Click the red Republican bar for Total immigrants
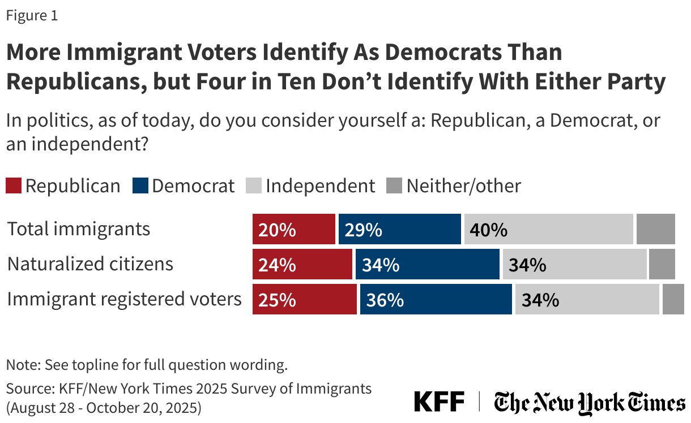(294, 229)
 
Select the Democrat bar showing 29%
(400, 229)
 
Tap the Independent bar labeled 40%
(548, 229)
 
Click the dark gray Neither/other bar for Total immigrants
(655, 229)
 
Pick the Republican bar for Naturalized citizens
(302, 264)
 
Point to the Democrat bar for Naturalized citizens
(428, 264)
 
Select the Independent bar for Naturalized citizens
(574, 264)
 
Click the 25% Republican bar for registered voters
(305, 299)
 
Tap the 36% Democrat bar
(436, 299)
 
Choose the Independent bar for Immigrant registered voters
(587, 299)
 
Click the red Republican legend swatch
(14, 186)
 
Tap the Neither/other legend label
(463, 186)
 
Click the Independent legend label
(320, 186)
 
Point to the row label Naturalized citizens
(90, 264)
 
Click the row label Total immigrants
(79, 229)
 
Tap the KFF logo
(439, 402)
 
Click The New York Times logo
(589, 403)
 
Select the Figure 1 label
(32, 16)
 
